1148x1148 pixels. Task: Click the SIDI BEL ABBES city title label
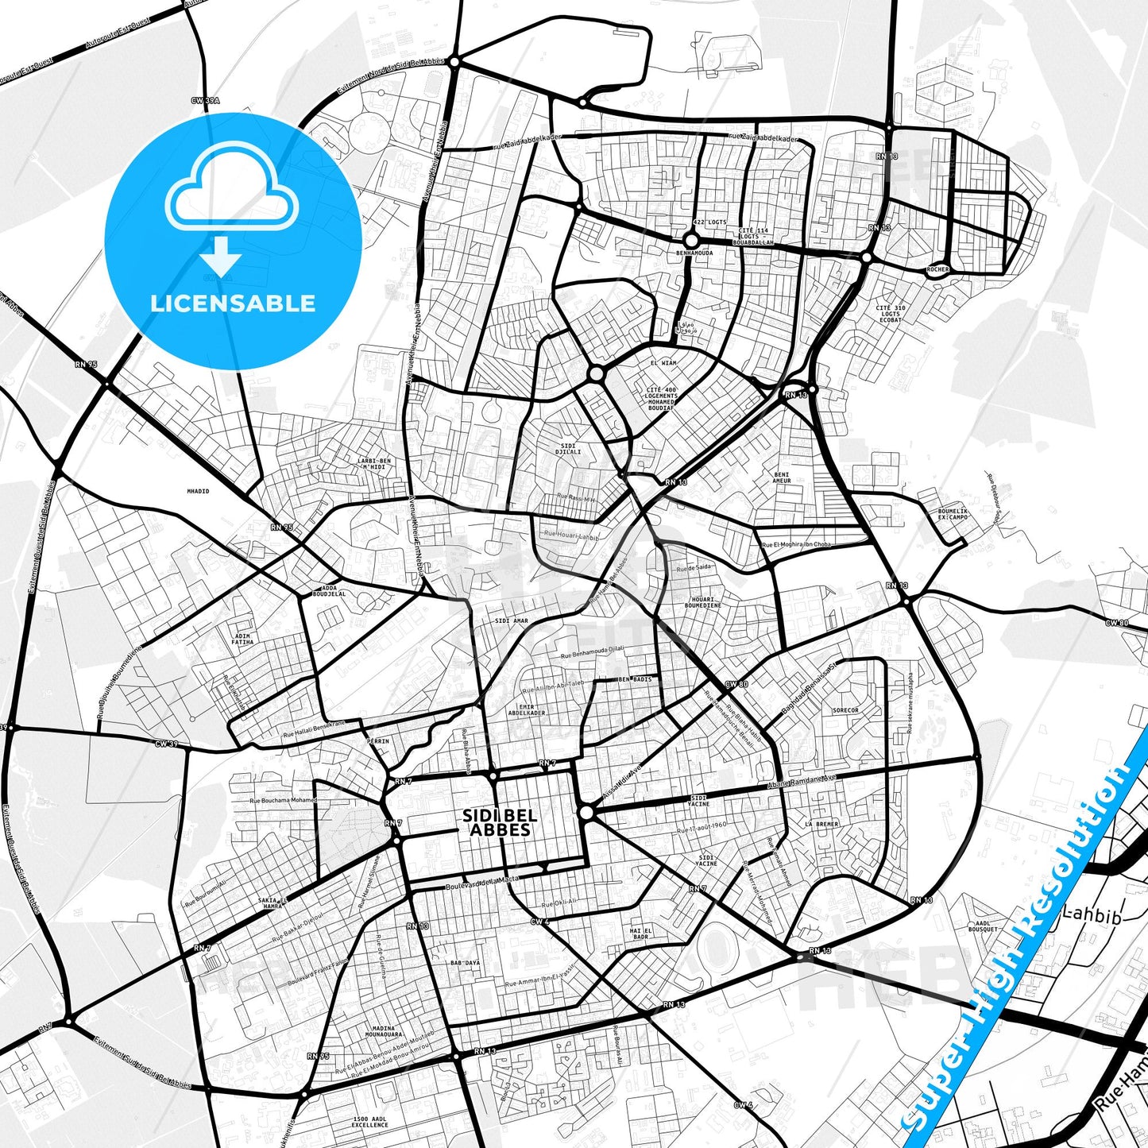pos(500,822)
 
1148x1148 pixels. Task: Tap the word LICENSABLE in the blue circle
pos(233,303)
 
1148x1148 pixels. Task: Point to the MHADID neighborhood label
pos(198,491)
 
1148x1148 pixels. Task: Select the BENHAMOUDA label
pos(694,253)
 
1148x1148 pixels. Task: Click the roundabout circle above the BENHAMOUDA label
pos(691,240)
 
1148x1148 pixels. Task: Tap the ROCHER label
pos(937,269)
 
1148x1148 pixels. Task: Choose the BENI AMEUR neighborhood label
pos(782,477)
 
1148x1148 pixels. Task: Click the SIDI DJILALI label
pos(569,449)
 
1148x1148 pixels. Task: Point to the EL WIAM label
pos(663,363)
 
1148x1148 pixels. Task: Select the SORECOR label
pos(845,710)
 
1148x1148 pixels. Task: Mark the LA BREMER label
pos(821,824)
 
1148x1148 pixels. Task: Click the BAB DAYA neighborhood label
pos(466,963)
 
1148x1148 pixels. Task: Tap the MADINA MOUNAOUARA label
pos(383,1031)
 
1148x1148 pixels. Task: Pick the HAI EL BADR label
pos(640,933)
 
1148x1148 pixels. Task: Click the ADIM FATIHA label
pos(243,639)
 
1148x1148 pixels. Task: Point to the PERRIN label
pos(378,740)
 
